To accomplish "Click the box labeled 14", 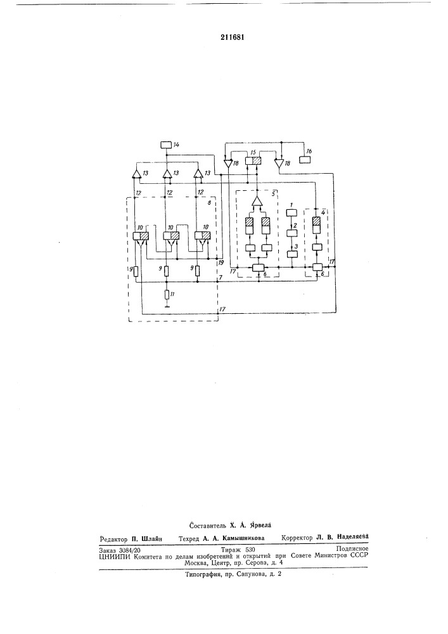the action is (165, 145).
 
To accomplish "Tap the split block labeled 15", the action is (253, 161).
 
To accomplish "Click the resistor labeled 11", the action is (167, 294).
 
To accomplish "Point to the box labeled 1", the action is (291, 212).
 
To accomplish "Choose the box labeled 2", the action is (291, 233).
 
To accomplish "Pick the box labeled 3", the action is (291, 254).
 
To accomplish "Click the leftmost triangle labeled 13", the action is (136, 174).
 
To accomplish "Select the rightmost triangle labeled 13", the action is (198, 174).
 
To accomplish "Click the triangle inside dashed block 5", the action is (257, 202).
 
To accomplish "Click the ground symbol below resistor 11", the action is (167, 306).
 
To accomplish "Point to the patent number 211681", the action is (233, 37).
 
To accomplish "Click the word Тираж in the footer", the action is (231, 550).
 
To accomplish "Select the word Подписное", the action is (352, 549).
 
